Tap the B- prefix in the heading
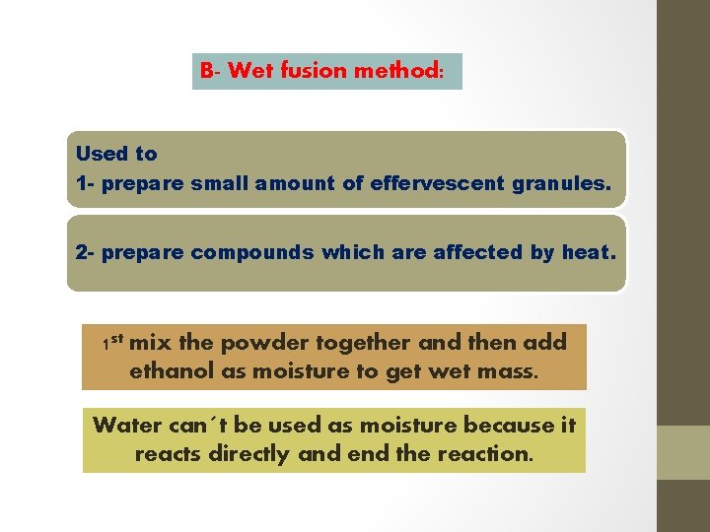pos(208,71)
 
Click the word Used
pos(103,154)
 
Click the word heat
pos(589,252)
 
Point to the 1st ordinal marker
pos(111,342)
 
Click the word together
pos(366,343)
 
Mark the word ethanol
pos(167,372)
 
